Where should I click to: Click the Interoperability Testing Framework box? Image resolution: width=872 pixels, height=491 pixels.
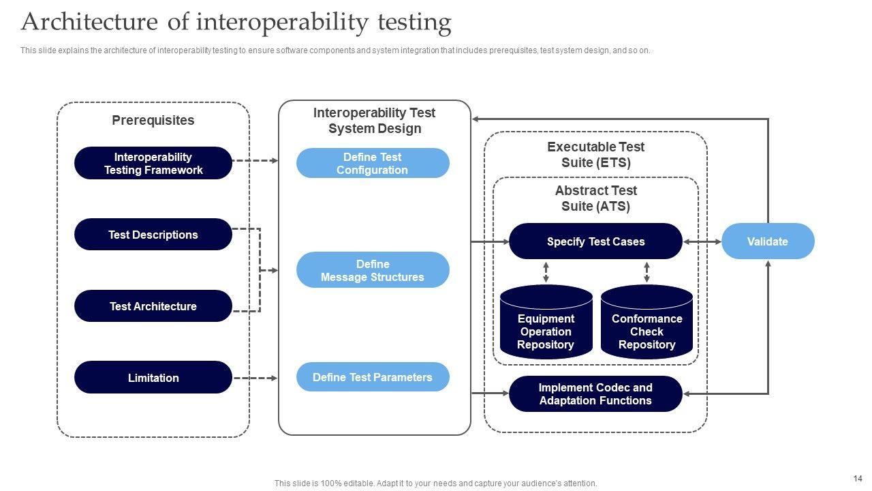153,163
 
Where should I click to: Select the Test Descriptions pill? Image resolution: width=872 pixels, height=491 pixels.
153,234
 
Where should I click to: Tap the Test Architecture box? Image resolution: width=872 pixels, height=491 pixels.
153,306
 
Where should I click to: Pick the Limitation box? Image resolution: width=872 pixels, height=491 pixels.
153,377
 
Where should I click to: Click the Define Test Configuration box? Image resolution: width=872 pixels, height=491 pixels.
373,163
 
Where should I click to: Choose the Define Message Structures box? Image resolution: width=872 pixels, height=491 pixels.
373,270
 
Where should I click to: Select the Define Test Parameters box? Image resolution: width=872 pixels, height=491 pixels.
373,377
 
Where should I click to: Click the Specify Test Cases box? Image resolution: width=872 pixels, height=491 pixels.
595,241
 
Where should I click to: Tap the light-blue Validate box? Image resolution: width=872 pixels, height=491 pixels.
768,241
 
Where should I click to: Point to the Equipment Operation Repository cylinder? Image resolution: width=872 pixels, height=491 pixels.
546,322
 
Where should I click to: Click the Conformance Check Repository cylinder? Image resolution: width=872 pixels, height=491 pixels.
647,322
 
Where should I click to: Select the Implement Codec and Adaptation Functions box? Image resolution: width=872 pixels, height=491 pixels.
595,394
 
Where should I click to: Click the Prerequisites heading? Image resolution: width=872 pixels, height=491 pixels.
153,120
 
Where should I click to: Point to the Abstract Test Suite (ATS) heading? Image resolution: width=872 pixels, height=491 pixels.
595,198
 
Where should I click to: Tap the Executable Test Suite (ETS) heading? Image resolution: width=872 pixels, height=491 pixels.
595,155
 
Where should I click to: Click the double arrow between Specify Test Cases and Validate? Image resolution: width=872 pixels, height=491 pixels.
702,241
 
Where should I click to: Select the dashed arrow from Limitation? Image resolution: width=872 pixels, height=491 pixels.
255,378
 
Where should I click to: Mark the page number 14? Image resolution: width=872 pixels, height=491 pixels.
858,479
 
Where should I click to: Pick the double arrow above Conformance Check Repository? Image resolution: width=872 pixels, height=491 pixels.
647,272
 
